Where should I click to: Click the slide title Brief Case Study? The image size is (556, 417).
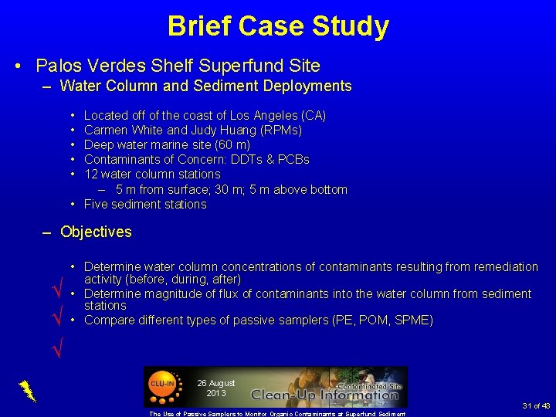click(278, 26)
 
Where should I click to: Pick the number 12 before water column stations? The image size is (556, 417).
click(90, 175)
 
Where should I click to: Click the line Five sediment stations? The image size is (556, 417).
click(145, 205)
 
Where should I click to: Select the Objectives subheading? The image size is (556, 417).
click(96, 232)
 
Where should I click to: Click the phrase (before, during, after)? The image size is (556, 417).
click(163, 279)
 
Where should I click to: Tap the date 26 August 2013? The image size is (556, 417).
click(216, 388)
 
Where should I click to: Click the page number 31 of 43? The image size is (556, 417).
click(536, 406)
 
